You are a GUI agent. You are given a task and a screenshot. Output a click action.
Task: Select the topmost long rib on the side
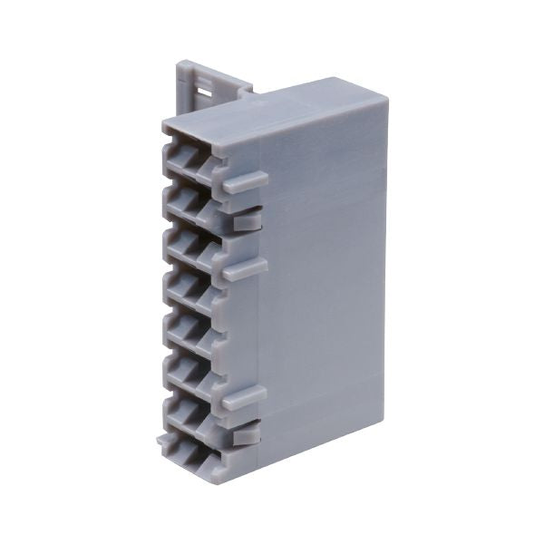245,181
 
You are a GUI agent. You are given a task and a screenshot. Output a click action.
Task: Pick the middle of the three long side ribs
245,268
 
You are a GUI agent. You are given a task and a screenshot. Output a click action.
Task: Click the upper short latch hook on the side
247,219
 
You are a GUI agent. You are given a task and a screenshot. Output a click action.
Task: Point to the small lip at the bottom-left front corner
162,442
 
